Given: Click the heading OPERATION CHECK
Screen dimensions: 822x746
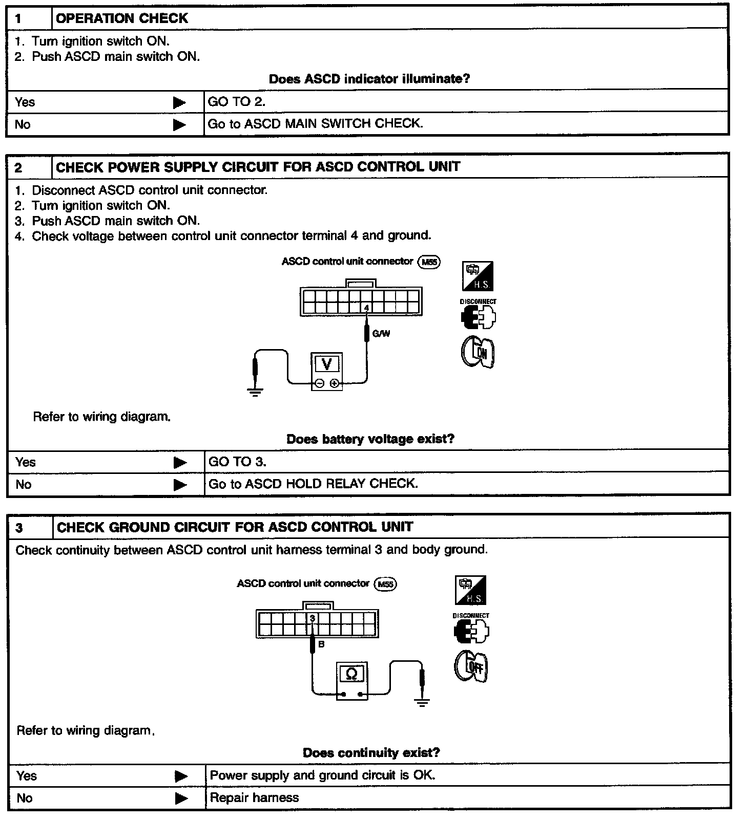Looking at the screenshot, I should point(121,18).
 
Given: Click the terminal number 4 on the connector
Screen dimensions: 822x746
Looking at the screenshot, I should point(367,308).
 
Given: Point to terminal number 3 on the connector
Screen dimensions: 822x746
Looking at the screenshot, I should point(312,618).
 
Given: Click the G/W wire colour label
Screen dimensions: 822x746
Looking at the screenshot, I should point(381,334).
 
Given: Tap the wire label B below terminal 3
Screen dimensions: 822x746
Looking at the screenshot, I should point(321,644).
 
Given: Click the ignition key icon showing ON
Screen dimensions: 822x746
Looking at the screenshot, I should point(478,352).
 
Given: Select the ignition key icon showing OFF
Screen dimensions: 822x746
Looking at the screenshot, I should point(471,666).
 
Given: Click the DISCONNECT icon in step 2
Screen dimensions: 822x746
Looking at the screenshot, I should point(478,315).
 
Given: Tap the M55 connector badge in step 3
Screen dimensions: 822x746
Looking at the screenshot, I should point(386,584).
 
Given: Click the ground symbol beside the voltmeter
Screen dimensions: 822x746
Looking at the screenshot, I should point(255,392).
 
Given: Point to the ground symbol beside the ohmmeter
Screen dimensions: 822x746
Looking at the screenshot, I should point(422,702).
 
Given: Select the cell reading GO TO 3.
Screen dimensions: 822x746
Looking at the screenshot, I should point(237,462).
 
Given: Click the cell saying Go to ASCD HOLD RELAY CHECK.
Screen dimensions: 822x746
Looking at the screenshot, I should point(313,484).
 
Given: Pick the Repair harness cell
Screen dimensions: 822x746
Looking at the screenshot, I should point(254,797).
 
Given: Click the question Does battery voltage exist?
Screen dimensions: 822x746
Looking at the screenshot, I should point(370,439).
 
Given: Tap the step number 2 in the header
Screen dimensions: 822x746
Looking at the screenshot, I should point(19,167).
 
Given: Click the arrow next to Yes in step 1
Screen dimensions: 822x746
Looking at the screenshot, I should point(179,102).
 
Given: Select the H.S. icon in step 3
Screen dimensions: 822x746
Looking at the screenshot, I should point(470,590).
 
